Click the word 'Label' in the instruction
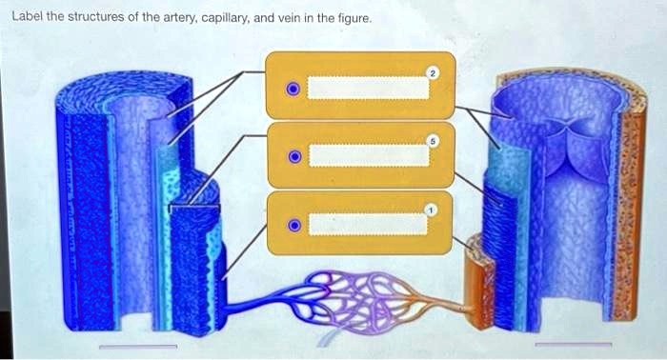(x=25, y=17)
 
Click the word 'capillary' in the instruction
(x=225, y=17)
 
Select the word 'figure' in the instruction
(x=349, y=17)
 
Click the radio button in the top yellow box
(x=293, y=90)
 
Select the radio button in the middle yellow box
(x=294, y=155)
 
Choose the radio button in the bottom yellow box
(x=294, y=225)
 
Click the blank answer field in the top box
(x=369, y=87)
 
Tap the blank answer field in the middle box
(x=369, y=155)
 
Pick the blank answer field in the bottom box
(x=369, y=224)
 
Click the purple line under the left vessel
(x=138, y=347)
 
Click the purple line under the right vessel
(x=574, y=344)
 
